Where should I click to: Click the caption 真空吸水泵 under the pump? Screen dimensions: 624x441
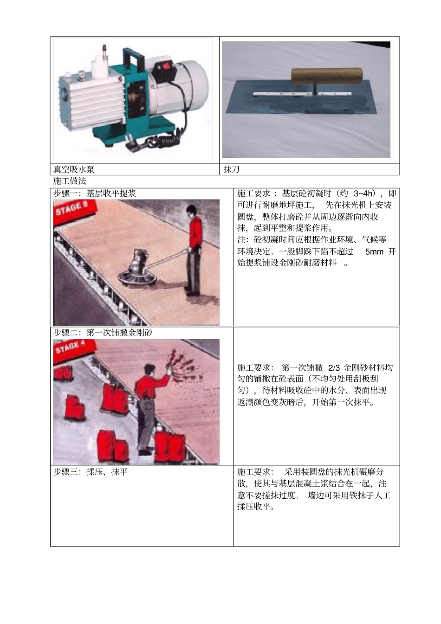[x=74, y=169]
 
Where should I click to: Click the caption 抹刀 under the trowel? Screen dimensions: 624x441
[x=231, y=169]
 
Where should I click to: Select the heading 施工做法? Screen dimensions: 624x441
[x=70, y=181]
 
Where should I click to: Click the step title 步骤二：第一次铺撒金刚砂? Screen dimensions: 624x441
[x=103, y=333]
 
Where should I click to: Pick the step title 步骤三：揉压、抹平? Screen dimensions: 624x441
[x=90, y=472]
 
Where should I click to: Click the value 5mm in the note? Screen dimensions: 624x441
[x=374, y=251]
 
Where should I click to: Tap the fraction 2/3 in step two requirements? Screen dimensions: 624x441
[x=334, y=367]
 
